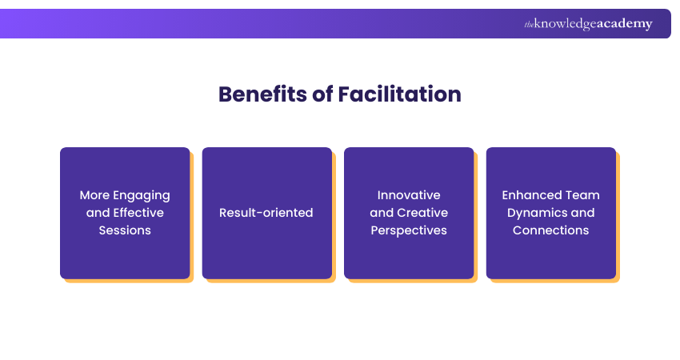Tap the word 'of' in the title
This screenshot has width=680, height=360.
322,94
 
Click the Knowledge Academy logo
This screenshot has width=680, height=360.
588,24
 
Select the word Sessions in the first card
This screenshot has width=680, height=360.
125,230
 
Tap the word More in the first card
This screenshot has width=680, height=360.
95,195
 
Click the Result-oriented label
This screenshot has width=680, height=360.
266,213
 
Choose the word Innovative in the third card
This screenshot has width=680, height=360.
409,195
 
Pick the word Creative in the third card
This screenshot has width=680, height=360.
422,213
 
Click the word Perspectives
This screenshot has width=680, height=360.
409,230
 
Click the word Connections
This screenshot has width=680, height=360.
551,230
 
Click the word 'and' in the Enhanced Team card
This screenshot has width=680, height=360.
583,213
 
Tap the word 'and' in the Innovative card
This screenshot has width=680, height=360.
382,213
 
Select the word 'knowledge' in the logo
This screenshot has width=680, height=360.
565,24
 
